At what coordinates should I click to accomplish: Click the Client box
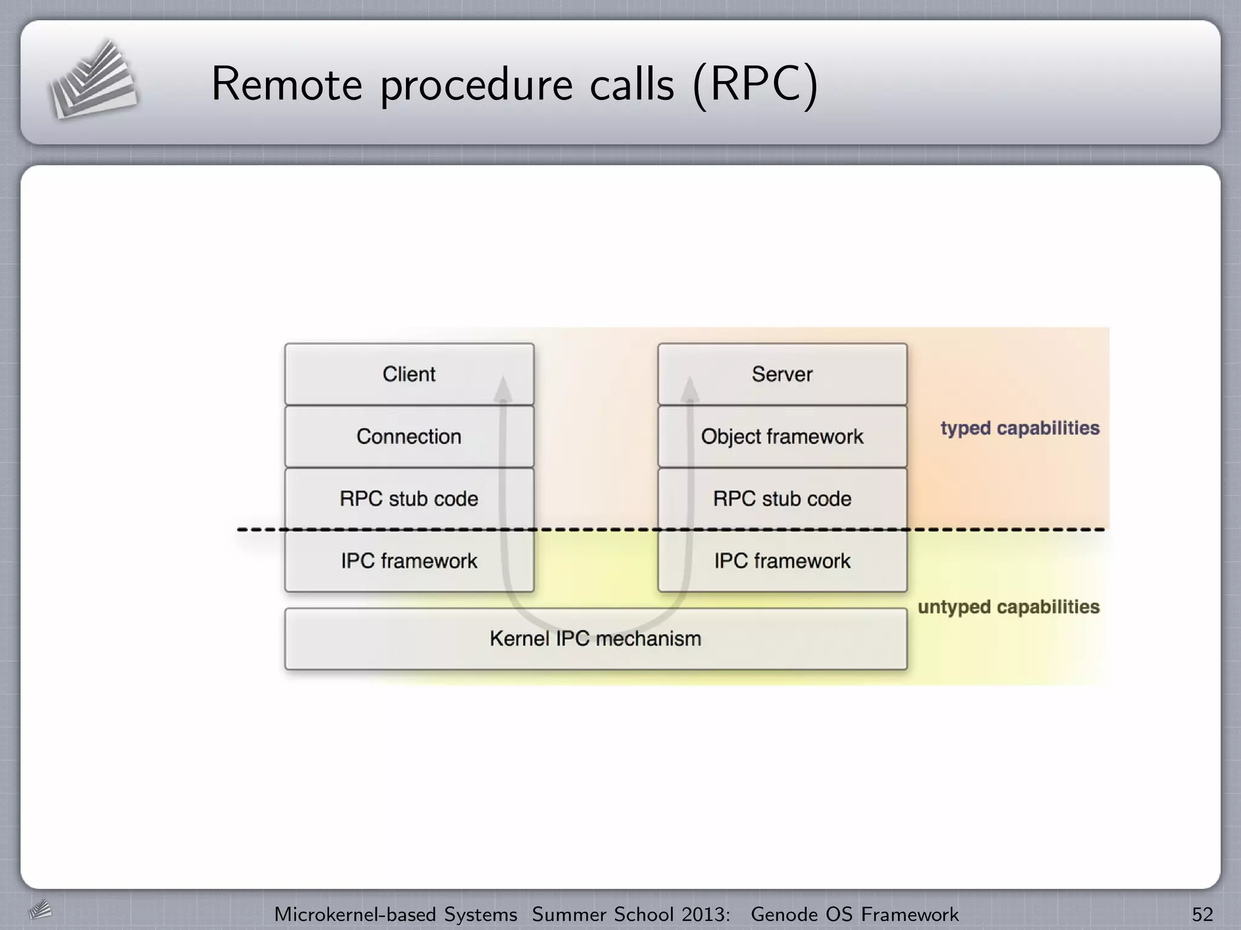409,374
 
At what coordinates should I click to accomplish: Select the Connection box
409,437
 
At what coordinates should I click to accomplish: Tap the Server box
782,374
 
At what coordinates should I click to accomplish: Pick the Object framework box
782,437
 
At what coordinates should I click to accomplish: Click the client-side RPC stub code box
409,499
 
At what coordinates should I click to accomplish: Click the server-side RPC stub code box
782,499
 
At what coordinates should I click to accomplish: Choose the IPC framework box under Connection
409,561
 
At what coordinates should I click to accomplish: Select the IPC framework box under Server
782,561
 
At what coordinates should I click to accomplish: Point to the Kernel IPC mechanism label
595,639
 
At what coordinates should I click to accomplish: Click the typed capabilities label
1020,428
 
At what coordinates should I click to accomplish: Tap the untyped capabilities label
1008,607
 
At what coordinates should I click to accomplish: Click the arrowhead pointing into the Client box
503,389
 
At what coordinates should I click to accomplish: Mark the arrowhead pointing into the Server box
690,389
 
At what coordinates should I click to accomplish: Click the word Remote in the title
287,84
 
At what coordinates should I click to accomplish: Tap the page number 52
1202,914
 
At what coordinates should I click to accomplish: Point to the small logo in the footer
40,910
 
